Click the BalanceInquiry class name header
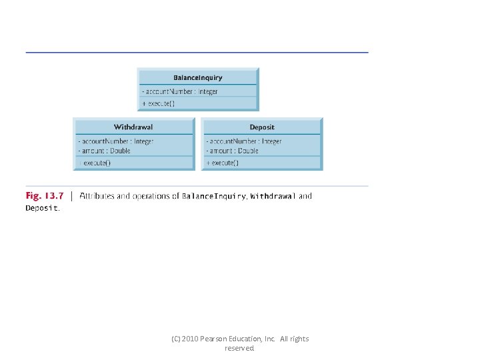click(198, 77)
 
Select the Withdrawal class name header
click(133, 127)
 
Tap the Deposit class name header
click(262, 127)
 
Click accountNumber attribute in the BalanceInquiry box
click(180, 91)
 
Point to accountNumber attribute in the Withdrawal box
click(116, 141)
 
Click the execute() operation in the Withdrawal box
click(96, 163)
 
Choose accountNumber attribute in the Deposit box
click(244, 141)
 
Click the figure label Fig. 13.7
click(45, 196)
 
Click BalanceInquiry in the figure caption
click(214, 196)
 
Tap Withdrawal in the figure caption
click(272, 196)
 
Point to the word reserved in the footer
click(240, 348)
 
